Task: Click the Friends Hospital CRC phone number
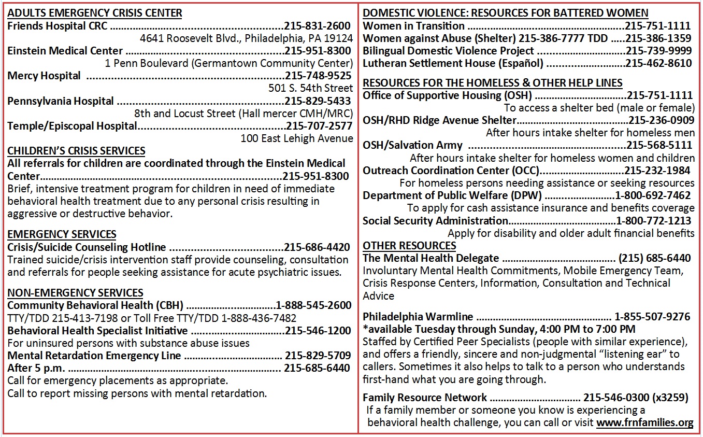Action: (317, 26)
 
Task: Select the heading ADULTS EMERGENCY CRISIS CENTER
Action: (95, 13)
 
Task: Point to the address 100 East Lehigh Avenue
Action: (297, 138)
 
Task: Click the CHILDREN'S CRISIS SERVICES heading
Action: (76, 151)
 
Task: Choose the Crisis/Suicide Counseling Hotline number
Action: (317, 247)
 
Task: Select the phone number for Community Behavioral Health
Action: (313, 305)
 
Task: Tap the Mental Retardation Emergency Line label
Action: (94, 356)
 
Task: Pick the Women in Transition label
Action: (413, 26)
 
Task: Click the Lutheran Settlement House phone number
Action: (658, 63)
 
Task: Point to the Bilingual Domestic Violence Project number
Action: (658, 51)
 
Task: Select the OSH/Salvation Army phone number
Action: (659, 145)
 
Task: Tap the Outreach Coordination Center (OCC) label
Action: (451, 170)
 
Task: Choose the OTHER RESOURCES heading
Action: (409, 246)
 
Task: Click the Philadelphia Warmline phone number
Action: (652, 316)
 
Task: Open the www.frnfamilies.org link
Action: (644, 422)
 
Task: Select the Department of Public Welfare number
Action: (653, 195)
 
